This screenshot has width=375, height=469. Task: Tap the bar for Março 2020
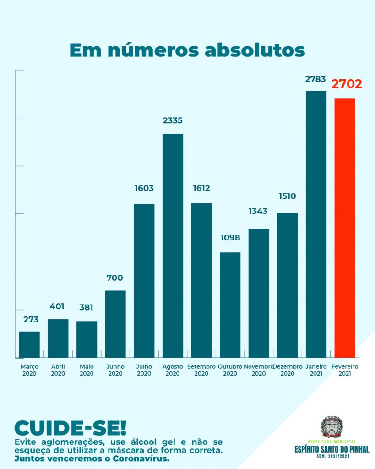(29, 344)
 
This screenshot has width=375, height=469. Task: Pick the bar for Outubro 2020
(230, 305)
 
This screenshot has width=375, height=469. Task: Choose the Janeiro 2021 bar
(316, 224)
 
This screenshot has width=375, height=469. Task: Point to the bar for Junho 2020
(115, 324)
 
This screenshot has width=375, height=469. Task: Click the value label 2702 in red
(347, 84)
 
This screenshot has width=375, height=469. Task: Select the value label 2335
(173, 120)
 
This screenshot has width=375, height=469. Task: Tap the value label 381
(87, 307)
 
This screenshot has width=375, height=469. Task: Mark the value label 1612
(201, 188)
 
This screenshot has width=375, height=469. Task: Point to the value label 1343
(258, 211)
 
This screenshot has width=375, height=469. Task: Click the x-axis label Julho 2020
(144, 370)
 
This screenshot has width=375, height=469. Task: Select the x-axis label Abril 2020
(58, 370)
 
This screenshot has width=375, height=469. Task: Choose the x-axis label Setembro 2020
(201, 370)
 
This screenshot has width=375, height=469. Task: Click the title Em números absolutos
(187, 50)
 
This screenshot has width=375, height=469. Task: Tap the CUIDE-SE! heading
(70, 428)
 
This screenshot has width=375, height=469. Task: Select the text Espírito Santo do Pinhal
(332, 449)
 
